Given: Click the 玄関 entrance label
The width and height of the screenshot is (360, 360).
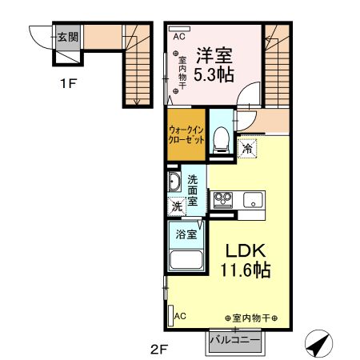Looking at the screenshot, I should [x=66, y=37].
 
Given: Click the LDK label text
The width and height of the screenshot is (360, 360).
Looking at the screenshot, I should [x=238, y=249].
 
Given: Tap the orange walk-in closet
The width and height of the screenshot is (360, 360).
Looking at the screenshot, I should [x=185, y=134].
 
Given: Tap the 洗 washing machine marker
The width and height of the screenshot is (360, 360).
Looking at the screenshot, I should [x=176, y=206].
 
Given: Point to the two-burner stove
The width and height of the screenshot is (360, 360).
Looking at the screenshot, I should [x=222, y=198].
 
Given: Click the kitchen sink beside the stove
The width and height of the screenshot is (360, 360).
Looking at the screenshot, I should [x=254, y=198].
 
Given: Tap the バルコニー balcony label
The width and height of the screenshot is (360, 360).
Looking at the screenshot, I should [x=234, y=339].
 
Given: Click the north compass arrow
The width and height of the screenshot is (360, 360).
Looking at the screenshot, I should [x=318, y=345].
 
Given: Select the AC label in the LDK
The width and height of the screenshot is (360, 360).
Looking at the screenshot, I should [x=179, y=317].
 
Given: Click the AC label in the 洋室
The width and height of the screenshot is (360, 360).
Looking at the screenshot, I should [x=179, y=36].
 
